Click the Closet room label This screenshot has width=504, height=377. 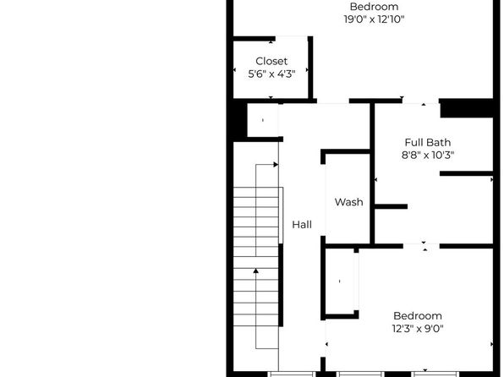click(271, 61)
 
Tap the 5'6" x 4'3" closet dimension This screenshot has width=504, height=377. click(271, 74)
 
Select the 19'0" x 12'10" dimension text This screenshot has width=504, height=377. click(374, 19)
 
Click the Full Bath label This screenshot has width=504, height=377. click(428, 142)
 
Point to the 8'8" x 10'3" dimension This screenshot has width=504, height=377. click(428, 156)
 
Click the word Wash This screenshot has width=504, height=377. click(348, 202)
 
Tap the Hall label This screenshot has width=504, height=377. click(302, 225)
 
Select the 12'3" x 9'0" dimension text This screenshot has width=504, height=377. click(418, 329)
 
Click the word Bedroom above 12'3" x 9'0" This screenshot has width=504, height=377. click(418, 316)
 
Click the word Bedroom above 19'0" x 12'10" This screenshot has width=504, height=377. click(374, 7)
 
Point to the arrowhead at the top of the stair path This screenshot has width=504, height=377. click(276, 165)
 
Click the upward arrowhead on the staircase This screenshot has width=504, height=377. click(256, 270)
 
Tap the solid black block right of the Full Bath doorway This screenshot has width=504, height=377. click(467, 108)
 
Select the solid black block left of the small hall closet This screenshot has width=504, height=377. click(240, 120)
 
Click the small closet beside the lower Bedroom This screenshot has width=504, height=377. click(339, 281)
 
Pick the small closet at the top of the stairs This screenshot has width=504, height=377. click(263, 120)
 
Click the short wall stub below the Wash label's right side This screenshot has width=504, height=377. click(391, 206)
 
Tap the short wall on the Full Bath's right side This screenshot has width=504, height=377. click(466, 173)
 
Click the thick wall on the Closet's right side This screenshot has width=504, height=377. click(310, 68)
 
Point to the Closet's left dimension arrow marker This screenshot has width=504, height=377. click(234, 70)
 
